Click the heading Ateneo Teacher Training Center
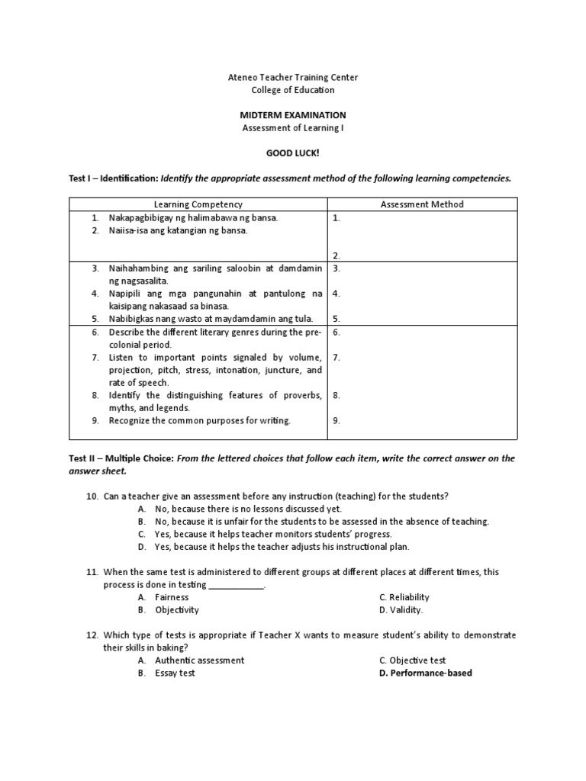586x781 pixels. [293, 78]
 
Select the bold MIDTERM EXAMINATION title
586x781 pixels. [293, 115]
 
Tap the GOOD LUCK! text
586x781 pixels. [293, 153]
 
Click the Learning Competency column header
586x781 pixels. [198, 204]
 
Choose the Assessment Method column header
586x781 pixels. [422, 204]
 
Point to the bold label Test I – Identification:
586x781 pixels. [114, 178]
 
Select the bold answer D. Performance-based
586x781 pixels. [425, 673]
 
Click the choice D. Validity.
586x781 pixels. [401, 610]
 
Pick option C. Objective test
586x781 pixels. [412, 660]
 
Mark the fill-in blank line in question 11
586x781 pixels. [237, 586]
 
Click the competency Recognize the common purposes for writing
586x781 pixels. [199, 420]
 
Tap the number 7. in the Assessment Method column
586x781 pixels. [336, 357]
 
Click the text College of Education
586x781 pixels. [293, 90]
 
